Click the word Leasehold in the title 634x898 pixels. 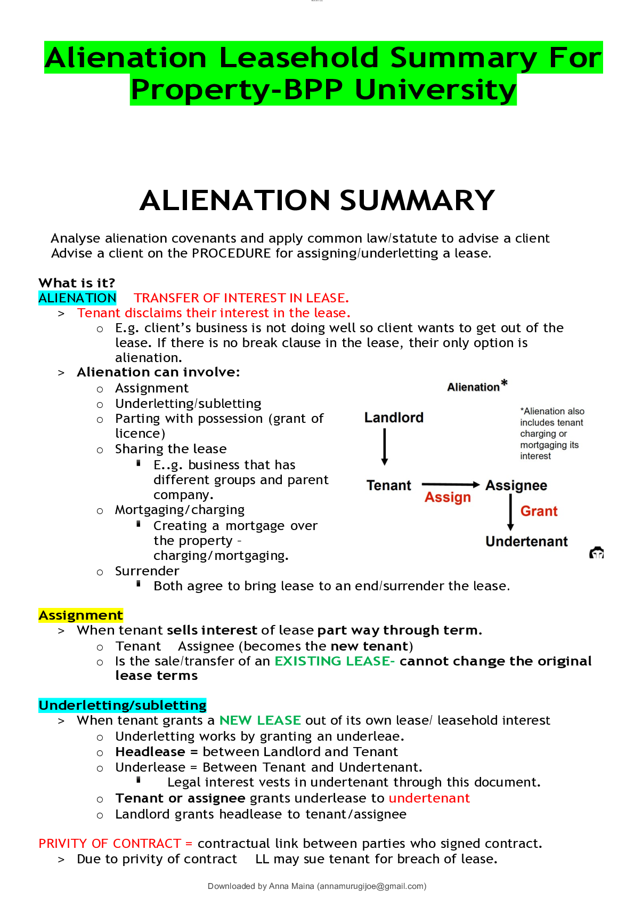coord(299,58)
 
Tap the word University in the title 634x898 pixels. coord(435,90)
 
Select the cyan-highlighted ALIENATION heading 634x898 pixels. coord(77,298)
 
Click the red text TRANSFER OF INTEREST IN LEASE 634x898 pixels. coord(241,298)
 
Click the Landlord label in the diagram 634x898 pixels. coord(394,418)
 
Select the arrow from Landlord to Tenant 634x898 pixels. coord(385,447)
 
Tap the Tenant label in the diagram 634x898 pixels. coord(389,485)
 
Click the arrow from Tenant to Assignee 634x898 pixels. coord(450,484)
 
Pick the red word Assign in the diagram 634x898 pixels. coord(448,498)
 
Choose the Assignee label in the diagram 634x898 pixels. coord(516,485)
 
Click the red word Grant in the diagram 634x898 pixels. coord(539,511)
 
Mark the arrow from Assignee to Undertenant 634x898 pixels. coord(510,512)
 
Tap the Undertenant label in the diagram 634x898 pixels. coord(526,542)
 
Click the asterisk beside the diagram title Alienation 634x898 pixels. coord(504,383)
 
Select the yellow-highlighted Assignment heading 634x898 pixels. coord(81,615)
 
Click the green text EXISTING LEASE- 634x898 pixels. coord(335,661)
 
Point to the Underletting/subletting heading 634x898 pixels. coord(123,705)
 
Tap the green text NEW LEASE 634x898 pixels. coord(261,720)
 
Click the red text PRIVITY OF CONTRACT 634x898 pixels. coord(110,844)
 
